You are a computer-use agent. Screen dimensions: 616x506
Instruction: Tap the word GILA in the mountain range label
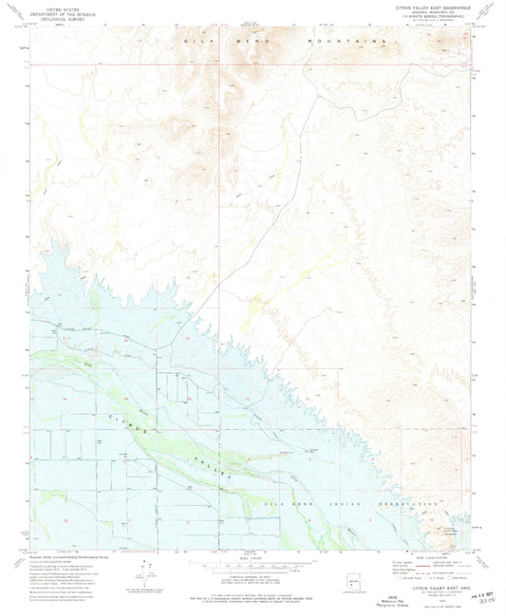tap(195, 43)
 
